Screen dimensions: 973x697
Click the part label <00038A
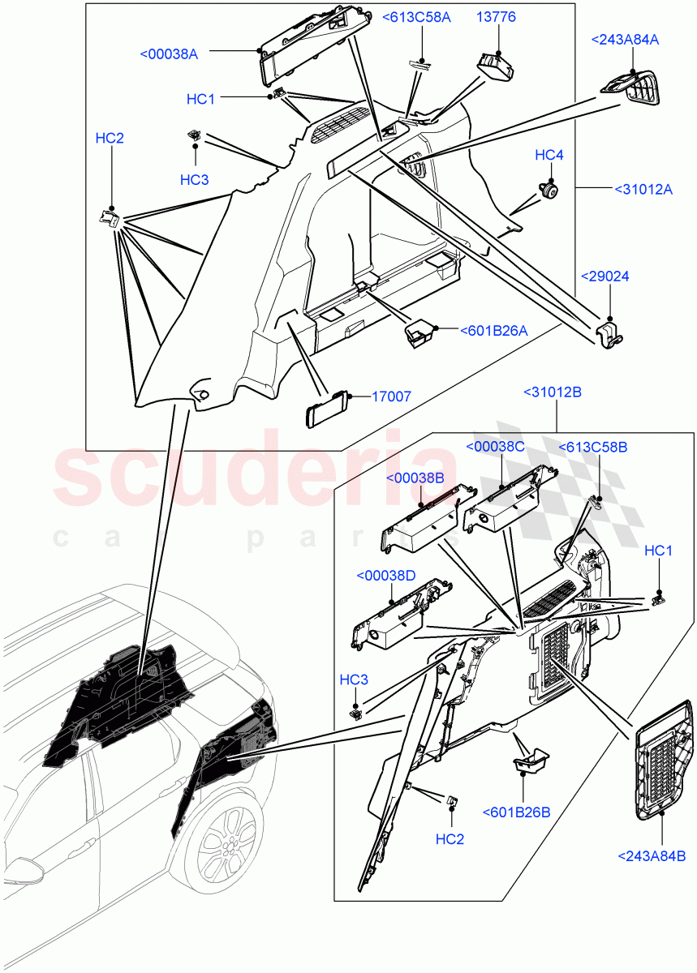pyautogui.click(x=169, y=54)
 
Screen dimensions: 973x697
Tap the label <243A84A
pyautogui.click(x=625, y=39)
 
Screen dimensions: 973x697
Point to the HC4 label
pyautogui.click(x=549, y=155)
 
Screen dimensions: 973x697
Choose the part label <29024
pyautogui.click(x=604, y=276)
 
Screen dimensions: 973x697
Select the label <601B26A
pyautogui.click(x=493, y=330)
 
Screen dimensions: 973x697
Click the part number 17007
pyautogui.click(x=391, y=396)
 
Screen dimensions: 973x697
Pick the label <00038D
pyautogui.click(x=385, y=576)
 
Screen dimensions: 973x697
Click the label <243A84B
pyautogui.click(x=652, y=855)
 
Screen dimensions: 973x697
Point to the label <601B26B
pyautogui.click(x=516, y=812)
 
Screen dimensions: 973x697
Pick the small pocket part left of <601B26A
pyautogui.click(x=419, y=332)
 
